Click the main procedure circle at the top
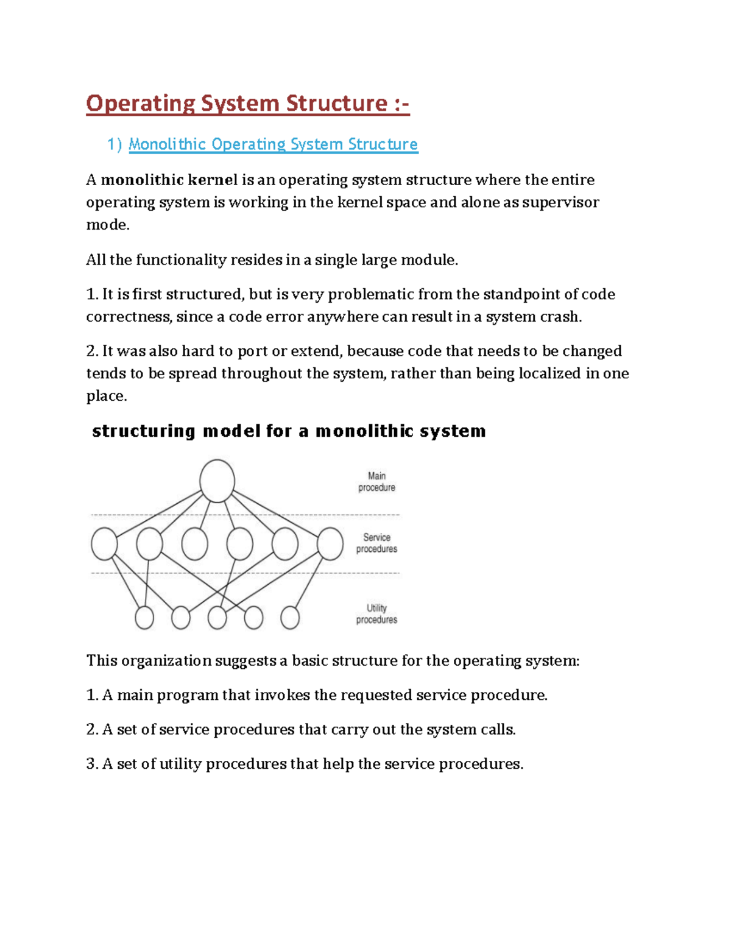point(217,481)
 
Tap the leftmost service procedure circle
point(104,544)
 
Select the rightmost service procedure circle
point(330,544)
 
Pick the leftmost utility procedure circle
point(144,618)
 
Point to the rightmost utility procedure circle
point(290,618)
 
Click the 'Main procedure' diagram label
point(376,482)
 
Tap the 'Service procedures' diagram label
point(376,543)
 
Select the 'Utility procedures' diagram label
point(376,614)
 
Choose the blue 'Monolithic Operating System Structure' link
point(273,144)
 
